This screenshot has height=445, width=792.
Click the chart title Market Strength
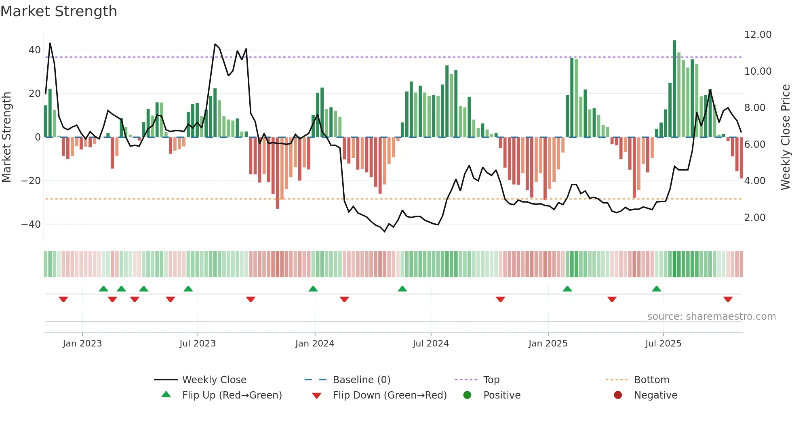point(59,11)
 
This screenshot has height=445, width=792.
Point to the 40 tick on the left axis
point(35,50)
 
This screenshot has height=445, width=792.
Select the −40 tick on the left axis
point(31,224)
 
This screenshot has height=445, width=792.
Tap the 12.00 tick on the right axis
point(758,35)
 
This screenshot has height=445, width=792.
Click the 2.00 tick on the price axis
point(754,218)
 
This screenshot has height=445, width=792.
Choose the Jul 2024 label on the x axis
point(430,344)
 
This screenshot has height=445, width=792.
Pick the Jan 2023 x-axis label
point(82,344)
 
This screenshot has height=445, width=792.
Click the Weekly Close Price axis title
point(785,137)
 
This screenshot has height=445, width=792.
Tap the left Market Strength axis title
point(7,137)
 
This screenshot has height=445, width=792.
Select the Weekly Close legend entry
point(214,380)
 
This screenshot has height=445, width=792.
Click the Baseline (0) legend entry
point(361,380)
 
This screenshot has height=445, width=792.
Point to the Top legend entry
point(491,380)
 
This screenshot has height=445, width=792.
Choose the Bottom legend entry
point(651,380)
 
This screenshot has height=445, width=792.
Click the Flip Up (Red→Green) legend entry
point(232,395)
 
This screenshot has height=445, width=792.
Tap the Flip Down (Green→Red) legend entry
point(390,395)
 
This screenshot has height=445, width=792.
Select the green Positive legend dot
point(467,395)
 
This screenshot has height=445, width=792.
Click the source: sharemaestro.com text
point(711,317)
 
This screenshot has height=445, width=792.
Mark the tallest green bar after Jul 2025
point(674,89)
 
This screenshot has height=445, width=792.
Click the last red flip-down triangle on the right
point(728,299)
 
